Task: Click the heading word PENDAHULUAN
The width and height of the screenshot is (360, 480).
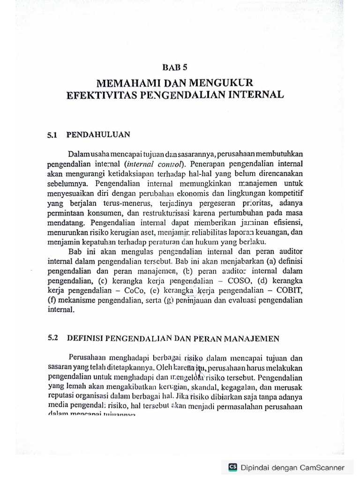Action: point(98,135)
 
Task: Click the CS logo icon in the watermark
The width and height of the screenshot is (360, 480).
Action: point(232,467)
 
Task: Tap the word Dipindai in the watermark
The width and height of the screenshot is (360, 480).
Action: point(255,467)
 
